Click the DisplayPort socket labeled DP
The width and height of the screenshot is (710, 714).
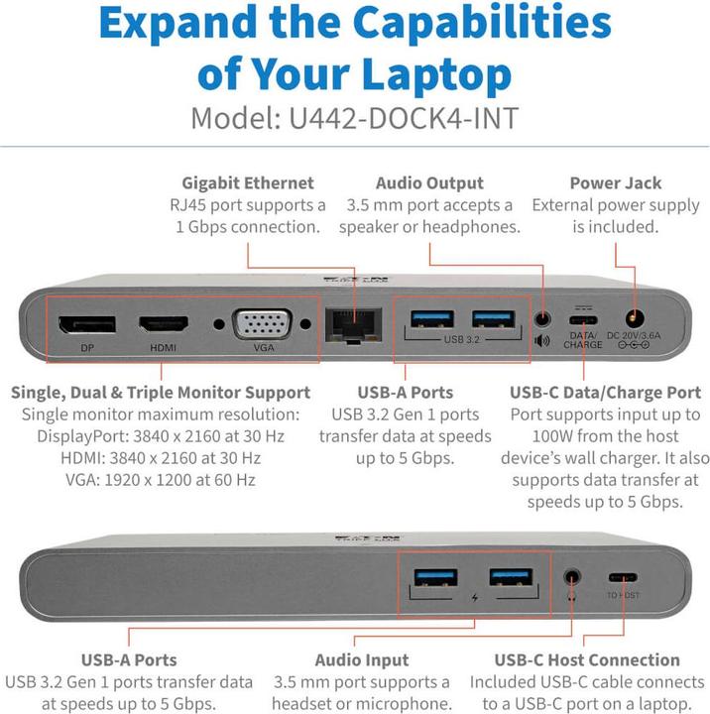click(x=87, y=324)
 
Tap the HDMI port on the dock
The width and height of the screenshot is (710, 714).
click(x=163, y=323)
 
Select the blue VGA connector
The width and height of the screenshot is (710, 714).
click(x=261, y=323)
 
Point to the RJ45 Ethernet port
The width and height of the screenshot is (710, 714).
click(x=348, y=322)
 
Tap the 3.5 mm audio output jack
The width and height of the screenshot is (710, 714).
click(x=542, y=320)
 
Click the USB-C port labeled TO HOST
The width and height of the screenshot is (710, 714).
click(x=624, y=578)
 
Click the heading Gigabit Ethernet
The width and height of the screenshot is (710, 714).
click(x=247, y=183)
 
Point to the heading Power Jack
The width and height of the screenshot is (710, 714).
click(x=615, y=183)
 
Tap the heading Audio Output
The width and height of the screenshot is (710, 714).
click(x=429, y=183)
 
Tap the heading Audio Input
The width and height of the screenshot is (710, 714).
click(x=361, y=659)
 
